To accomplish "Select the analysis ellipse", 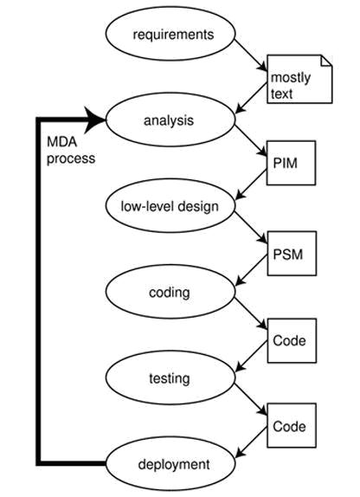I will pos(169,119).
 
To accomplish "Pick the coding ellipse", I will pos(169,292).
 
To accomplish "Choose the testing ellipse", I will pos(169,378).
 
